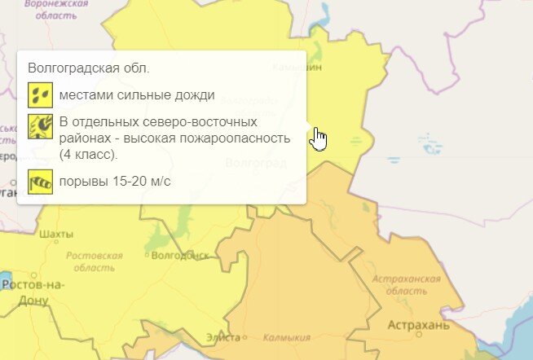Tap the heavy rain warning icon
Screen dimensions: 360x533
tap(38, 94)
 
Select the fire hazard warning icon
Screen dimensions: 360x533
tap(38, 126)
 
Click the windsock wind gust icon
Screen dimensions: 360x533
tap(38, 180)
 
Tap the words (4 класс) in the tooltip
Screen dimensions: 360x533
tap(90, 154)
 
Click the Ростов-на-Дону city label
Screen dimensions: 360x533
tap(33, 292)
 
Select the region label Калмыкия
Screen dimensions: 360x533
tap(288, 337)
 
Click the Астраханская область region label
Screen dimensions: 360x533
tap(405, 285)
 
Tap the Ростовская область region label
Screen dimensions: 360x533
tap(94, 261)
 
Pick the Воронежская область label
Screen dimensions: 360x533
tap(56, 10)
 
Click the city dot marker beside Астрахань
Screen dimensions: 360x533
tap(419, 335)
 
